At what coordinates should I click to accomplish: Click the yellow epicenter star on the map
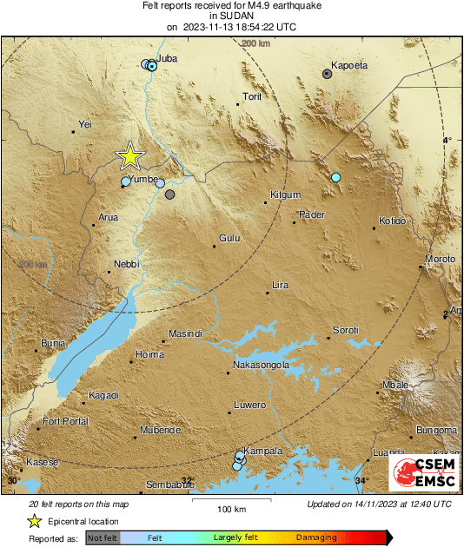click(129, 156)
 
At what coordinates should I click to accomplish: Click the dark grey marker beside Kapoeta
click(327, 75)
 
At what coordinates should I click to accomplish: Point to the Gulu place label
click(229, 237)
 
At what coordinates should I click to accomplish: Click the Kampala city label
click(264, 451)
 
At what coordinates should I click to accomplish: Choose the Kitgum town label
click(285, 194)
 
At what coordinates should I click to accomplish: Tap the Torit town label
click(252, 96)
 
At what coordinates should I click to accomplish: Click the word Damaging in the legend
click(316, 538)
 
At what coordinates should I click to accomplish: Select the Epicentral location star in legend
click(34, 521)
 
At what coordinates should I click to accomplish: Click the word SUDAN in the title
click(231, 16)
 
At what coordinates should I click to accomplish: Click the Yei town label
click(85, 125)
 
